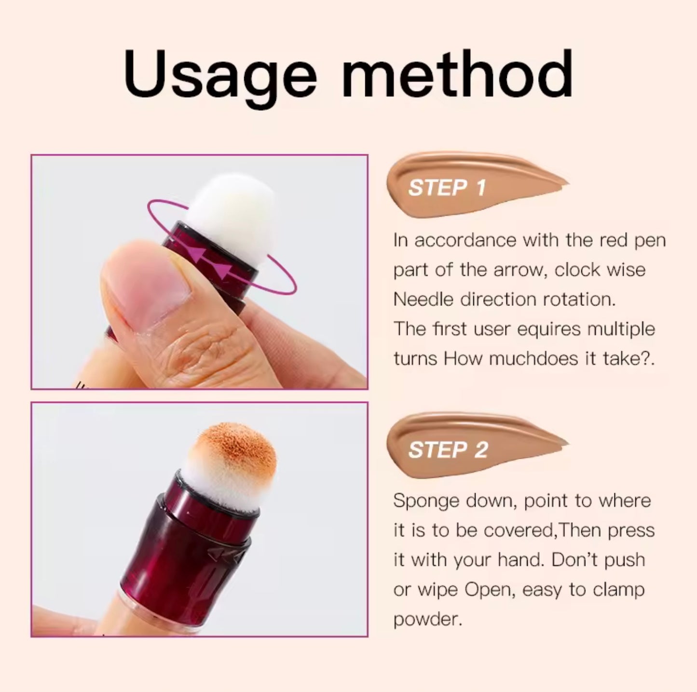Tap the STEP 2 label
[x=448, y=450]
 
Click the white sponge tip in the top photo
[x=232, y=207]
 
